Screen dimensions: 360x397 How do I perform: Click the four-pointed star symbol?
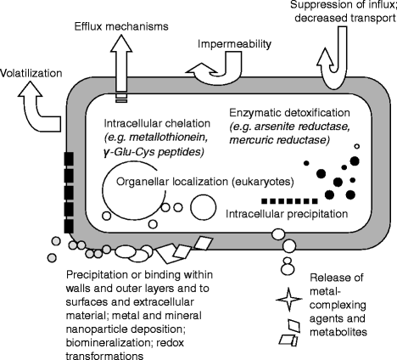(290, 301)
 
